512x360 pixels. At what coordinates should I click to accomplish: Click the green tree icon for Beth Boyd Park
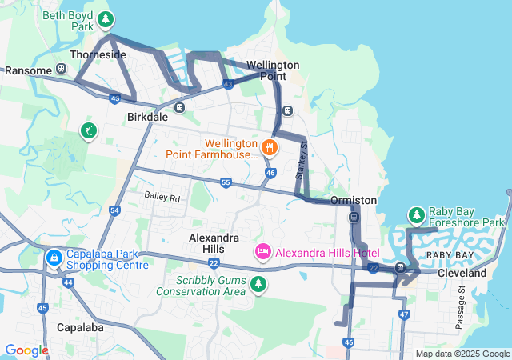click(x=105, y=18)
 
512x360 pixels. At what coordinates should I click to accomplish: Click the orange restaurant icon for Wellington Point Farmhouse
click(x=269, y=146)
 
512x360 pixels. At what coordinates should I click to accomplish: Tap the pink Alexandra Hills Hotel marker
click(x=262, y=252)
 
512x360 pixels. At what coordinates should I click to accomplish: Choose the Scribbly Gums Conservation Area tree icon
click(x=258, y=284)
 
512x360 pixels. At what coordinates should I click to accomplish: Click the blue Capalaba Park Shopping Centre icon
click(x=54, y=258)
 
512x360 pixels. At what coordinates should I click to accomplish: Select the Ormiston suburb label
click(x=353, y=200)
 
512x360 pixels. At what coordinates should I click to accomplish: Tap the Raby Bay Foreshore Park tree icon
click(x=416, y=214)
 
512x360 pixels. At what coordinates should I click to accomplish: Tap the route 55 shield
click(x=226, y=183)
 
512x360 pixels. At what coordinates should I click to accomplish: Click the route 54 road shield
click(x=114, y=210)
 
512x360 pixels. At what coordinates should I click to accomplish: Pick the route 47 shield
click(x=404, y=314)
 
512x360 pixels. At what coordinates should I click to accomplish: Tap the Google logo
click(x=26, y=350)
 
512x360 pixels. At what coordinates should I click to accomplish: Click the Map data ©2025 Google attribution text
click(x=462, y=354)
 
